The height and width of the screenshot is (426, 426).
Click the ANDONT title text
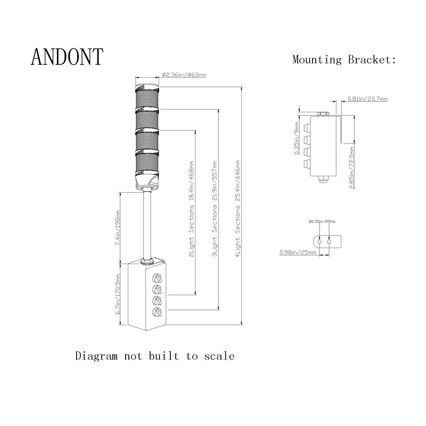pos(67,57)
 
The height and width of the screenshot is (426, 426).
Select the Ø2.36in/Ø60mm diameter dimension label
pos(184,75)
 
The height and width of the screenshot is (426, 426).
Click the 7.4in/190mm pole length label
pos(118,226)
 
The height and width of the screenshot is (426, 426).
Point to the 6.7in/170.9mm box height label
pos(118,296)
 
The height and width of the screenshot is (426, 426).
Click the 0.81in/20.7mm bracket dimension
pos(367,99)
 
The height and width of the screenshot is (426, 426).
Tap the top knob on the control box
pos(158,278)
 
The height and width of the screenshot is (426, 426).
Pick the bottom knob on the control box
pos(158,313)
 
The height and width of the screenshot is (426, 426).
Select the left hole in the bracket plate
pos(319,241)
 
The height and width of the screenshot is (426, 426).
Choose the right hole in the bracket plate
pos(329,241)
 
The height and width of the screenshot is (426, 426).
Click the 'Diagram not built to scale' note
pos(154,356)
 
